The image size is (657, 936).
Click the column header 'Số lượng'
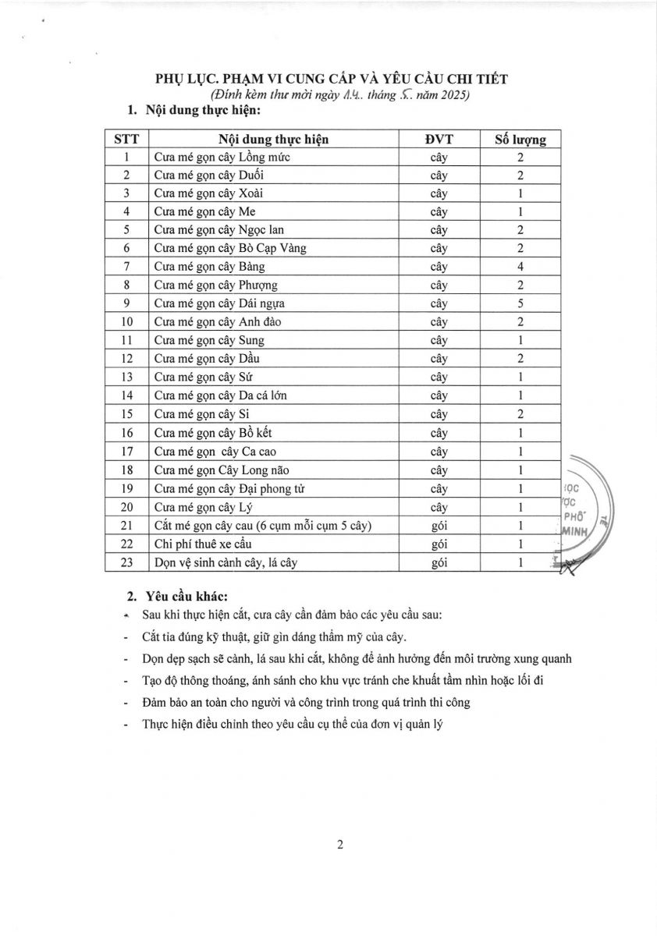(x=520, y=140)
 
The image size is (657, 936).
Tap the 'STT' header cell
(x=126, y=140)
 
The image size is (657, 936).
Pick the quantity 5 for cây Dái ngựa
(x=520, y=303)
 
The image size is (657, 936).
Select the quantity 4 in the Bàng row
(x=520, y=267)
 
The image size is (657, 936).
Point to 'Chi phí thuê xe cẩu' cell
(x=203, y=544)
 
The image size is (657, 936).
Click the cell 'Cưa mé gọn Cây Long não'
(x=214, y=470)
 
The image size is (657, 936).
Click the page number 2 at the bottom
(x=339, y=844)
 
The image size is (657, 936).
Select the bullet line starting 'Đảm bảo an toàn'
(x=306, y=702)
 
